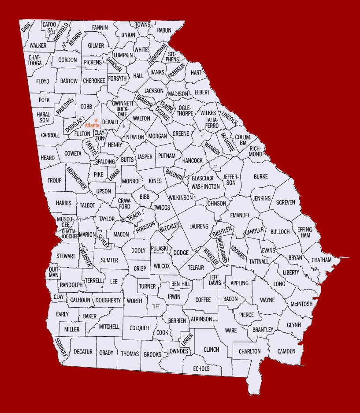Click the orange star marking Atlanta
[x=96, y=120]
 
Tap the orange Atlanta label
[x=93, y=126]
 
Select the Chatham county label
[x=321, y=260]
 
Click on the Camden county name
[x=286, y=351]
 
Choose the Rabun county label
[x=164, y=30]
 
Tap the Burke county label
[x=260, y=177]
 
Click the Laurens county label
[x=199, y=226]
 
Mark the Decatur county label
[x=83, y=352]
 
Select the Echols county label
[x=201, y=368]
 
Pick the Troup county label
[x=55, y=181]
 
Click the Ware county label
[x=231, y=330]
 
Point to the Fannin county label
[x=100, y=27]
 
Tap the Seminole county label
[x=61, y=347]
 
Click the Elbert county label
[x=202, y=92]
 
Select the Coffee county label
[x=203, y=300]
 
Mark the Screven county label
[x=286, y=202]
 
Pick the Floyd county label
[x=43, y=82]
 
